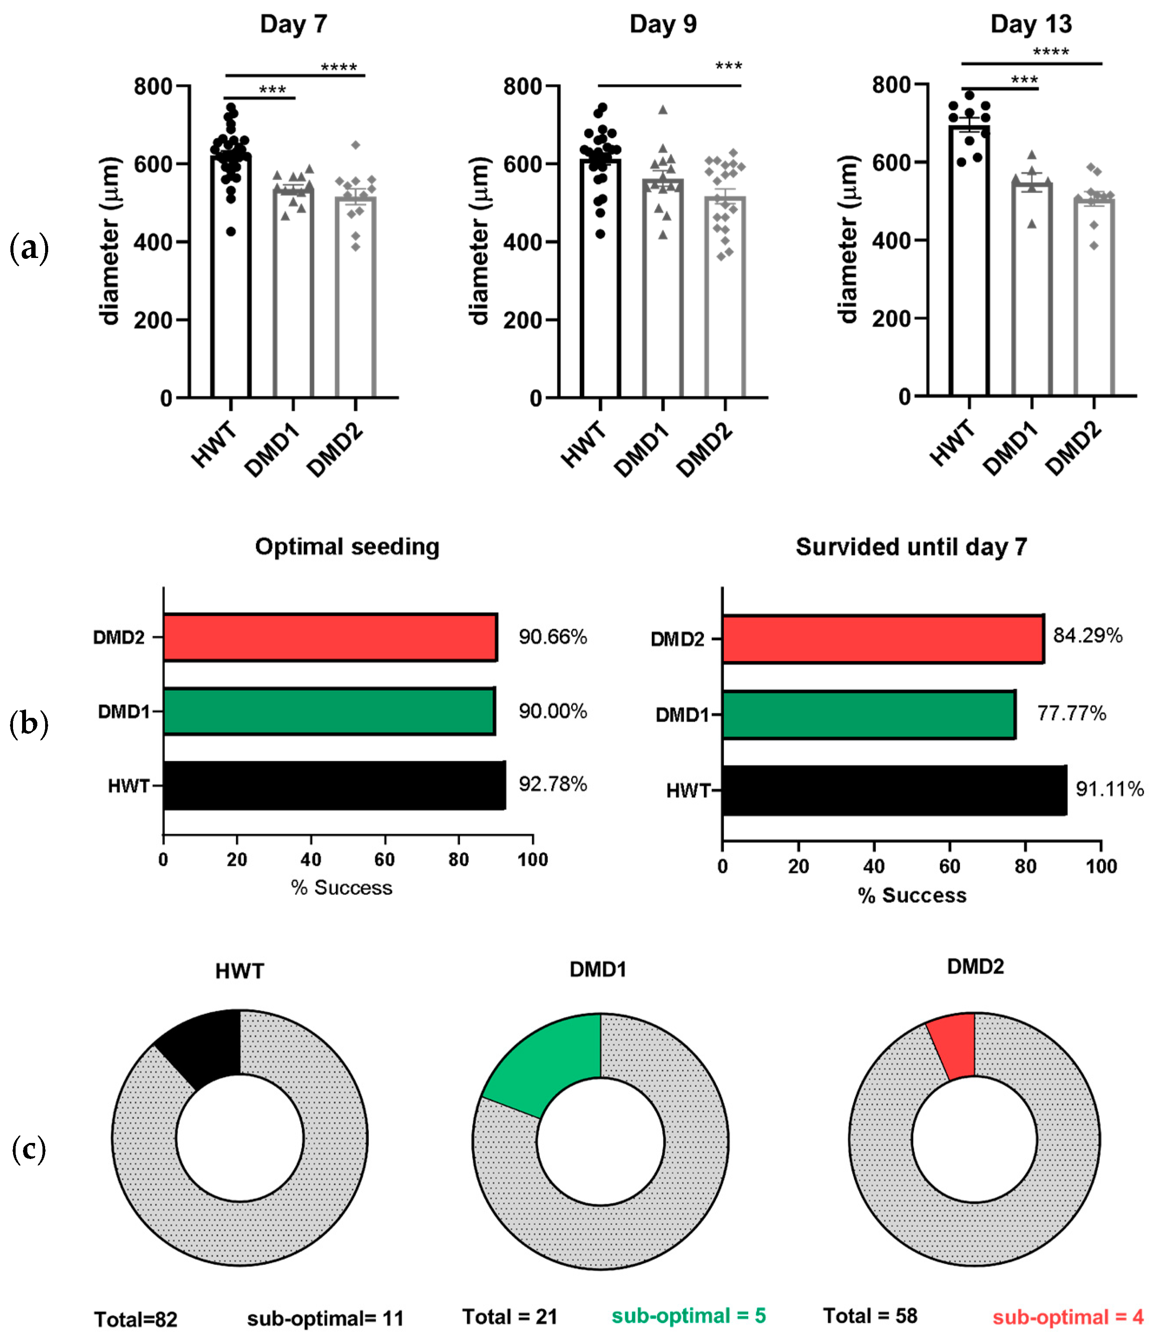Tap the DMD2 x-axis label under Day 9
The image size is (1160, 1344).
(x=705, y=449)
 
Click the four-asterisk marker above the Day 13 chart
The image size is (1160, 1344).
(x=1050, y=52)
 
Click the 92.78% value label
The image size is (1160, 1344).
(x=552, y=784)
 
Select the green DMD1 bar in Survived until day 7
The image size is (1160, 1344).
(x=868, y=714)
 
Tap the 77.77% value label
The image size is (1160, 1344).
(x=1071, y=713)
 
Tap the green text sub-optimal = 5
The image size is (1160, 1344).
(x=689, y=1315)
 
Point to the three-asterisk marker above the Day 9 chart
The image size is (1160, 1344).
(x=728, y=66)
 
